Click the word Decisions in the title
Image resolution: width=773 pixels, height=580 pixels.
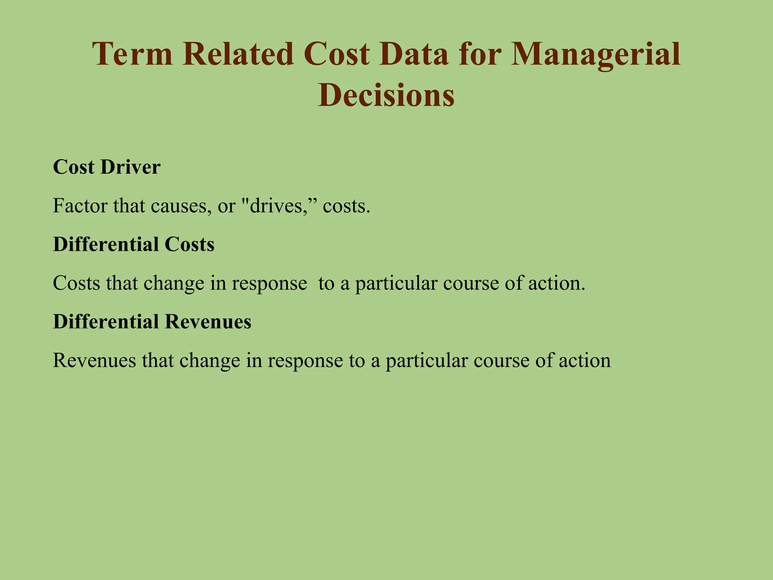tap(386, 95)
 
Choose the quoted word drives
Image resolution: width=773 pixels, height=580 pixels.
tap(278, 206)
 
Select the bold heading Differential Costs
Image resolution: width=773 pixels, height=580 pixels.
tap(134, 244)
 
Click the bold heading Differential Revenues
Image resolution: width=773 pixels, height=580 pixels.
tap(152, 322)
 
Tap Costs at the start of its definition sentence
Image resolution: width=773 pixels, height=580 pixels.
tap(76, 283)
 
